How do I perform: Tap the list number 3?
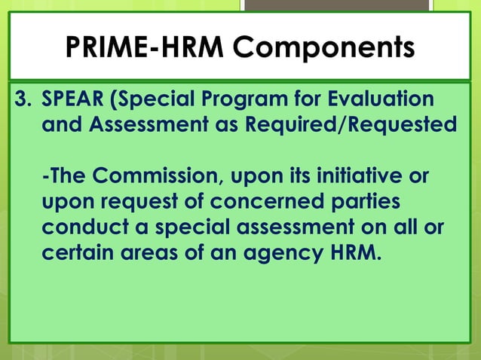click(24, 100)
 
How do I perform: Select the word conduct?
click(81, 227)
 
